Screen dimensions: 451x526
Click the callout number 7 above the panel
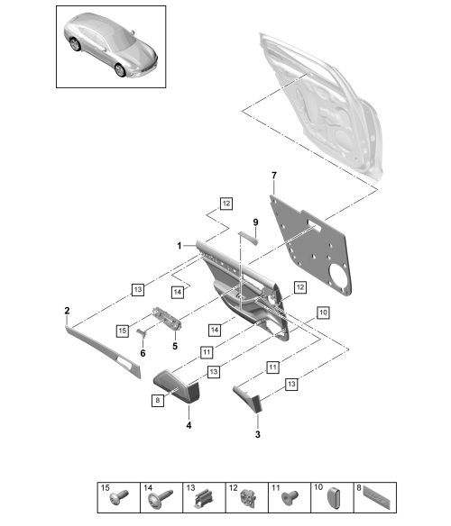coord(274,176)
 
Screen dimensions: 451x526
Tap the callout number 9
coord(256,222)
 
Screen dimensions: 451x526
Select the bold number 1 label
coord(179,246)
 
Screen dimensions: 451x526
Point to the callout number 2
coord(67,311)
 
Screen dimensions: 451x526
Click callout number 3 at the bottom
coord(258,434)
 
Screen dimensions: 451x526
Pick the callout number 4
coord(189,425)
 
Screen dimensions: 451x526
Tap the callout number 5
coord(175,346)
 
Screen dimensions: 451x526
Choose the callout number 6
coord(143,353)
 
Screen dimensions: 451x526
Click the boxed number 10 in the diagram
coord(323,313)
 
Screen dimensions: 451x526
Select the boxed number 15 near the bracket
coord(123,331)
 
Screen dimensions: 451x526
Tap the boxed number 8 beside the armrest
coord(158,400)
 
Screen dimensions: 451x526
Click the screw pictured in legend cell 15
coord(119,497)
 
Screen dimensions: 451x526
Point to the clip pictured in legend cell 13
coord(204,498)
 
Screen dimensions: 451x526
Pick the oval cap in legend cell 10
coord(333,498)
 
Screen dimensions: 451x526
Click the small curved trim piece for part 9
coord(248,238)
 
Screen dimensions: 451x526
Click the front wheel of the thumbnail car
coord(120,69)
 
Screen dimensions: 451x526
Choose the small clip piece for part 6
coord(142,332)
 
